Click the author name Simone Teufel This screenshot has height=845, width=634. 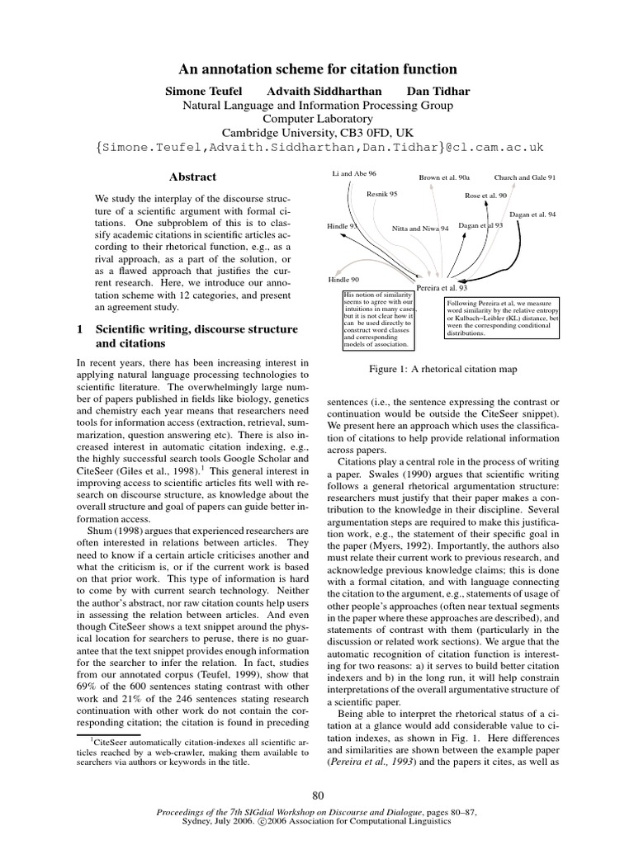tap(203, 89)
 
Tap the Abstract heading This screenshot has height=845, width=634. tap(192, 177)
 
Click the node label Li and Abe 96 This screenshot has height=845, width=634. tap(354, 174)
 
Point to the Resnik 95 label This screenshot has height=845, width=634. tap(382, 194)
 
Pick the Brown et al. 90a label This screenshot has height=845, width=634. tap(444, 177)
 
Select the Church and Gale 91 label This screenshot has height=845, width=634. tap(524, 177)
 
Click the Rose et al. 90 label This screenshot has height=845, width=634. tap(485, 196)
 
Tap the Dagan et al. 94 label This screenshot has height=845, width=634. tap(532, 215)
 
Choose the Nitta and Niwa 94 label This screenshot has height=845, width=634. tap(420, 228)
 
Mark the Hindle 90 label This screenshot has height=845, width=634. tap(343, 280)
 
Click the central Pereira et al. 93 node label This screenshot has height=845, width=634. tap(442, 287)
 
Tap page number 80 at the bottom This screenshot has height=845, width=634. tap(317, 795)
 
